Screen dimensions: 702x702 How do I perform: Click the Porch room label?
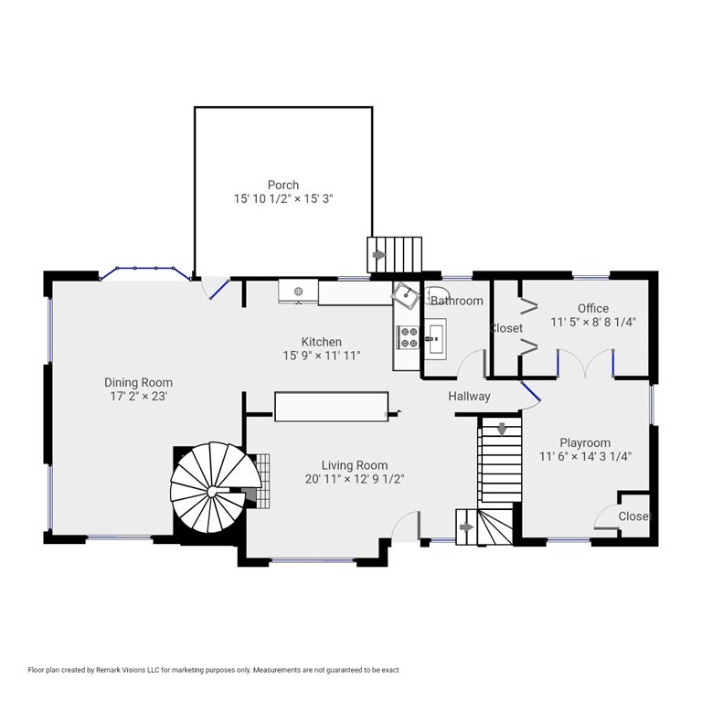tap(283, 185)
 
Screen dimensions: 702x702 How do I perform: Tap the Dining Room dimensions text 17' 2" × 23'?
tap(139, 396)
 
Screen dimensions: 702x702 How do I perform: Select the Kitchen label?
tap(322, 342)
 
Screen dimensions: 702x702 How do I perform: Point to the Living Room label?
tap(355, 465)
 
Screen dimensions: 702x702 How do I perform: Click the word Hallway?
tap(469, 397)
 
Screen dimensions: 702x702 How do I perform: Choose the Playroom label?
tap(585, 442)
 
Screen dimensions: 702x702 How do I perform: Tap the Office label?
tap(593, 308)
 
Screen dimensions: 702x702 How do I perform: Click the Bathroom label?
tap(457, 301)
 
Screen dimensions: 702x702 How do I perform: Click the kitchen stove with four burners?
tap(408, 337)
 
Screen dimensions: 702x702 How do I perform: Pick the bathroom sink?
tap(435, 339)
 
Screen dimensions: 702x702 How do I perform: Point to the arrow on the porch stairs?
tap(379, 255)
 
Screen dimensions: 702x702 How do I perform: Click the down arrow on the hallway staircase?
tap(502, 429)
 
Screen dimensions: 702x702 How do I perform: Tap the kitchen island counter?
tap(331, 407)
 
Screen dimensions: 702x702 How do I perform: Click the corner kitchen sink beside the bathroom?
tap(406, 295)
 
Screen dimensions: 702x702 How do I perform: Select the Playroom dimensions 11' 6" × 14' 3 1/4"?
tap(586, 457)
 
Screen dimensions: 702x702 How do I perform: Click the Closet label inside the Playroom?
tap(634, 516)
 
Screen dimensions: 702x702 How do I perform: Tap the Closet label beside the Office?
tap(506, 328)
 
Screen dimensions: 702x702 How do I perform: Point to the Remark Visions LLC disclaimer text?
tap(213, 670)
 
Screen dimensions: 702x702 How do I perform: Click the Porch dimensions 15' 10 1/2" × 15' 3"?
tap(283, 198)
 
